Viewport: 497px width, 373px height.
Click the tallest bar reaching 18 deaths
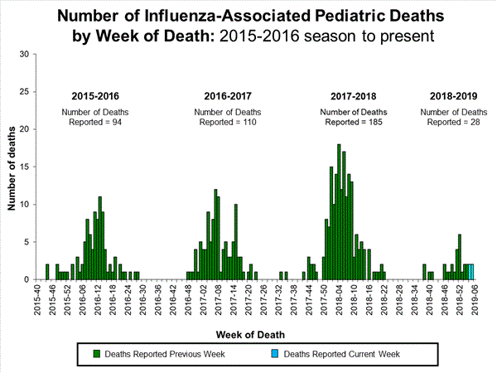coord(339,212)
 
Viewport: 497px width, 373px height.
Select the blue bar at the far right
coord(471,272)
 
